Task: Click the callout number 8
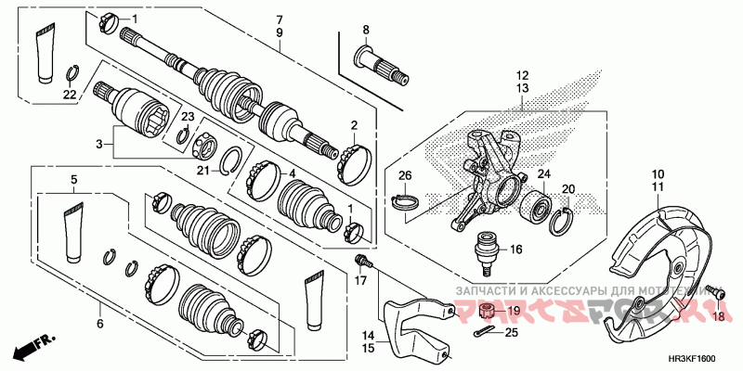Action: (x=365, y=30)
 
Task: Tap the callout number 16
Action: (x=515, y=249)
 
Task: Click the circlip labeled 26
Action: (x=407, y=198)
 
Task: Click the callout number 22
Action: (x=71, y=95)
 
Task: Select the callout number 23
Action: (x=187, y=117)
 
